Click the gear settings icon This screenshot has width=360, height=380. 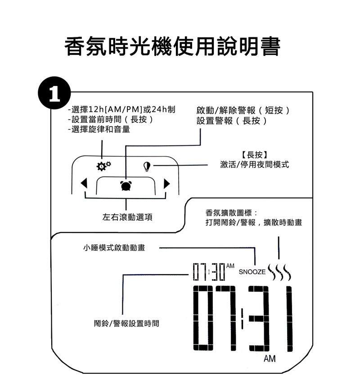point(103,166)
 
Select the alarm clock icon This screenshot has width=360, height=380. point(126,185)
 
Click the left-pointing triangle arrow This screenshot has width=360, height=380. point(84,183)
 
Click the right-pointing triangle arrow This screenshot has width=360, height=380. point(167,183)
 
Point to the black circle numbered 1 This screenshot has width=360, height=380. point(54,93)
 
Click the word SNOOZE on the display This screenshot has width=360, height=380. point(252,272)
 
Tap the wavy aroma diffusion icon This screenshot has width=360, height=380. point(279,272)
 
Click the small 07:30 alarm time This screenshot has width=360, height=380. point(209,272)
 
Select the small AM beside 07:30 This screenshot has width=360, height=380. point(230,266)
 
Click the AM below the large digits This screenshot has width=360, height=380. point(270,358)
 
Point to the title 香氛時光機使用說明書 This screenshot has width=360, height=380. point(172,46)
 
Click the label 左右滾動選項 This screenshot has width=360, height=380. point(127,217)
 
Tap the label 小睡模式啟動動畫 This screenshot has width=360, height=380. point(114,248)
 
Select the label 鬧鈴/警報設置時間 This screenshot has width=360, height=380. point(126,323)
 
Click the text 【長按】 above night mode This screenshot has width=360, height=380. point(255,154)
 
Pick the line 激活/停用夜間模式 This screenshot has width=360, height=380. point(255,164)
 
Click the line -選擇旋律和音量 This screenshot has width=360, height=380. point(99,129)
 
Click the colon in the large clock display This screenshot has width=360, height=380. point(242,318)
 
